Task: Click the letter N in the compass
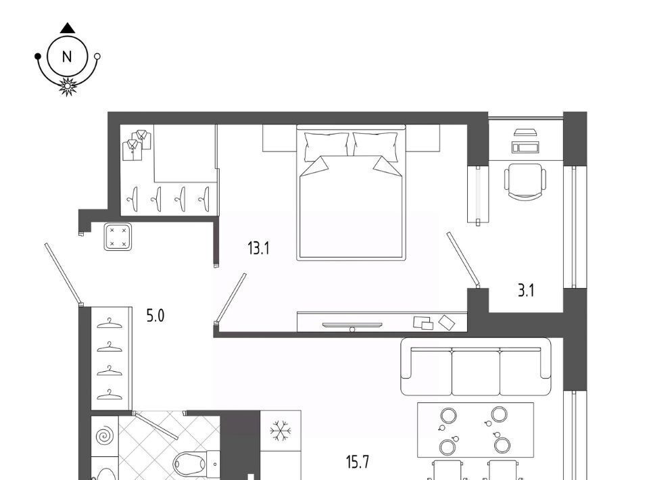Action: coord(67,57)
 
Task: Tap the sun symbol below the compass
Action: coord(67,86)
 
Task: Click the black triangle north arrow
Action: coord(68,28)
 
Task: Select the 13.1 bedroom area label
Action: coord(258,249)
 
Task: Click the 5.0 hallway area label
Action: coord(155,316)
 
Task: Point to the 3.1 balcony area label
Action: coord(526,291)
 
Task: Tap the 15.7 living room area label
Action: coord(358,461)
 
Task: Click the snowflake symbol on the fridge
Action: coord(280,431)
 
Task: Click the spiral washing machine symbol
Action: coord(104,436)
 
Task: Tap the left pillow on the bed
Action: coord(326,147)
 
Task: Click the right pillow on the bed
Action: coord(375,147)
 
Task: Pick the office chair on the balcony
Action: coord(525,181)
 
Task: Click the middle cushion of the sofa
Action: coord(476,371)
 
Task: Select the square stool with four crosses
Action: coord(118,237)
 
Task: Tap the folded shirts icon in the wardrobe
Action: coord(137,145)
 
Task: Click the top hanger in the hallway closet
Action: coord(110,323)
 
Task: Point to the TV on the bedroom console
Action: coord(352,326)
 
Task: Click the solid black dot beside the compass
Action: coord(38,56)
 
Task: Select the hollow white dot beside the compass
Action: coord(97,56)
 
